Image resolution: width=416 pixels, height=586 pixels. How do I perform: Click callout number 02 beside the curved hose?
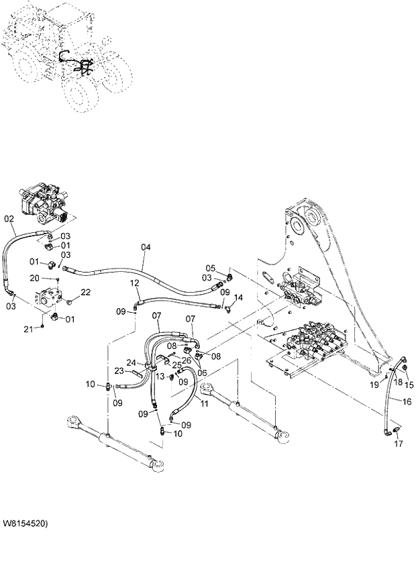click(9, 218)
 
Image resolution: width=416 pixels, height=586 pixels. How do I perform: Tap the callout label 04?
click(146, 248)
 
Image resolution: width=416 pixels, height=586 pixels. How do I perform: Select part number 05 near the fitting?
click(210, 268)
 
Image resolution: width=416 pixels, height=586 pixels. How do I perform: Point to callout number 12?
click(134, 283)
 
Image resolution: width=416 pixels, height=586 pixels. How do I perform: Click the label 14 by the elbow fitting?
click(238, 297)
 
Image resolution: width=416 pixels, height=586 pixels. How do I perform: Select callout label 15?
click(409, 385)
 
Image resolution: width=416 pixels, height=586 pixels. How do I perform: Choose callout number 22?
click(85, 292)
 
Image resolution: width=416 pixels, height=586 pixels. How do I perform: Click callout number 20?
click(52, 277)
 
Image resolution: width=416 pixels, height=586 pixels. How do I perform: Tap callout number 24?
click(131, 362)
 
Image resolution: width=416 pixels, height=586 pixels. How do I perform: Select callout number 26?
click(187, 360)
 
